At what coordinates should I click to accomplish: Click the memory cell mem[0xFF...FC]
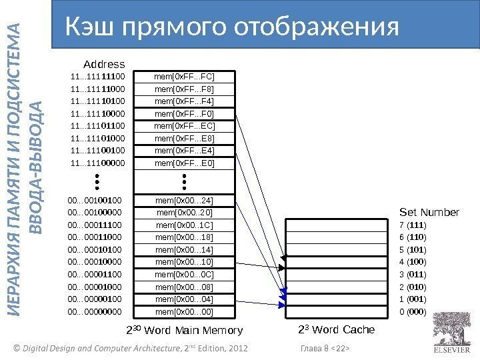click(x=184, y=76)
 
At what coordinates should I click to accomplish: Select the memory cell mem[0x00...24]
click(x=184, y=200)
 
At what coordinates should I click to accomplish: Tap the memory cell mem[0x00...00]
click(x=184, y=311)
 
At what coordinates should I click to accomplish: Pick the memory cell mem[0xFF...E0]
click(x=184, y=163)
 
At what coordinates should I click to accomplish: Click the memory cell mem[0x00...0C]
click(x=184, y=274)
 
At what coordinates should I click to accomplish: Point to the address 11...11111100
click(x=97, y=76)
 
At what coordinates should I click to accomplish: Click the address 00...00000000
click(x=95, y=311)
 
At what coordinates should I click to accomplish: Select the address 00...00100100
click(x=95, y=200)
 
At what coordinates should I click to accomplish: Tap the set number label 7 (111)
click(x=413, y=225)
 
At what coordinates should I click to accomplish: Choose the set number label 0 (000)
click(x=413, y=311)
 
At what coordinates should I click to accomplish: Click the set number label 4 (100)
click(x=413, y=262)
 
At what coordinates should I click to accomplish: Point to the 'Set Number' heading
click(x=429, y=213)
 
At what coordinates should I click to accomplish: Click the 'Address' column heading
click(x=104, y=64)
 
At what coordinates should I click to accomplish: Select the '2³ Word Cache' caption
click(x=336, y=330)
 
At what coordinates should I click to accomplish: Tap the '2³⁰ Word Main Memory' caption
click(x=185, y=331)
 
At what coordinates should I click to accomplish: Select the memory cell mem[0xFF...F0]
click(x=184, y=113)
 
